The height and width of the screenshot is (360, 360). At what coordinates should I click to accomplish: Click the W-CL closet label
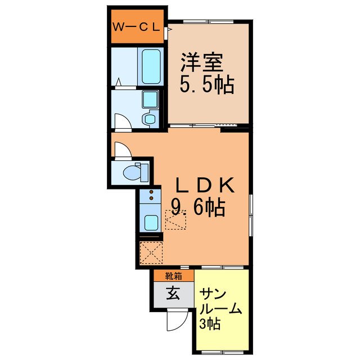(x=137, y=26)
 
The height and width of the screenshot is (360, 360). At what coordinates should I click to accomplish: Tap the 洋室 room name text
(x=202, y=61)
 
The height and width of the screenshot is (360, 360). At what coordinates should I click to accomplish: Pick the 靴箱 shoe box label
(x=173, y=276)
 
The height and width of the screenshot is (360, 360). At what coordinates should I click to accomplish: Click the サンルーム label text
(x=221, y=301)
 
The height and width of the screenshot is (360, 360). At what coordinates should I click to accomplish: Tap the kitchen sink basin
(x=151, y=222)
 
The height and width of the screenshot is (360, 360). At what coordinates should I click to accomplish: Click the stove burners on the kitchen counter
(x=151, y=196)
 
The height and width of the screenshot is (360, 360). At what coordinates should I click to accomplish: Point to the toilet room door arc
(x=122, y=150)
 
